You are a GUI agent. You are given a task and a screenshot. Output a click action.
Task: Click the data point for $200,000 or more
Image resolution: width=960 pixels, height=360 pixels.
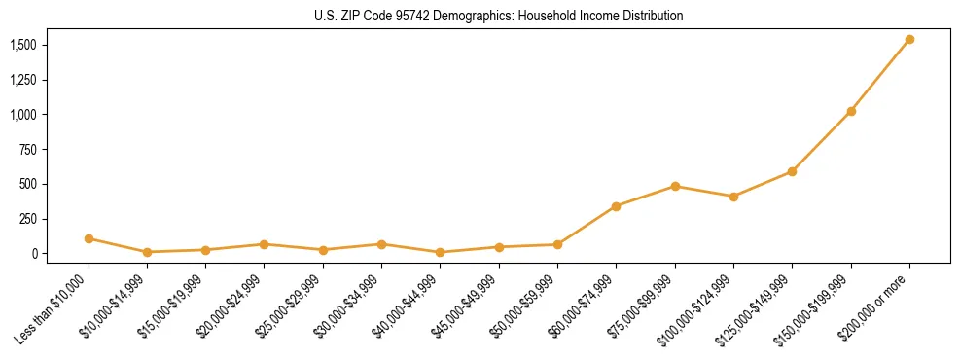(909, 40)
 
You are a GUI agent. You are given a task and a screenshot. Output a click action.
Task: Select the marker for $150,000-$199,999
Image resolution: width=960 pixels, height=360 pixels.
(851, 111)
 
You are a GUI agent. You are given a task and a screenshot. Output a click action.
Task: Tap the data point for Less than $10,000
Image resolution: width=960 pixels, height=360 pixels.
(89, 238)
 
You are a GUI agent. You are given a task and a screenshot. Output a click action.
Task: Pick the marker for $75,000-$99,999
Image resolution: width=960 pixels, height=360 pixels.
(675, 186)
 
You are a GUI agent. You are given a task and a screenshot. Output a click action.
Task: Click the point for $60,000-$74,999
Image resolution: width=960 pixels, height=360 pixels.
(616, 206)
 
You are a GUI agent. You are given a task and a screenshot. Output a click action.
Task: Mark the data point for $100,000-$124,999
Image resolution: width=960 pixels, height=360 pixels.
(733, 197)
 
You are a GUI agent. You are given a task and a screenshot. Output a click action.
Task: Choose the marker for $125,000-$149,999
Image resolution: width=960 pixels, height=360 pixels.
(792, 171)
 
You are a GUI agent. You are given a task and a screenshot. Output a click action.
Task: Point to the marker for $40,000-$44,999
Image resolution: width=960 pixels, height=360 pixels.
(441, 252)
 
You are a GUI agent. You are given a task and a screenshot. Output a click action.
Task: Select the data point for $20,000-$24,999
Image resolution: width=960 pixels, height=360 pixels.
(264, 244)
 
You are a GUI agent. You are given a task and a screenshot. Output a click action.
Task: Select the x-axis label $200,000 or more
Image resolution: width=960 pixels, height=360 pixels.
(880, 293)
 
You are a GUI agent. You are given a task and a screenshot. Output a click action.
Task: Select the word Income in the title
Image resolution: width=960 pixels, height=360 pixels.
(586, 16)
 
